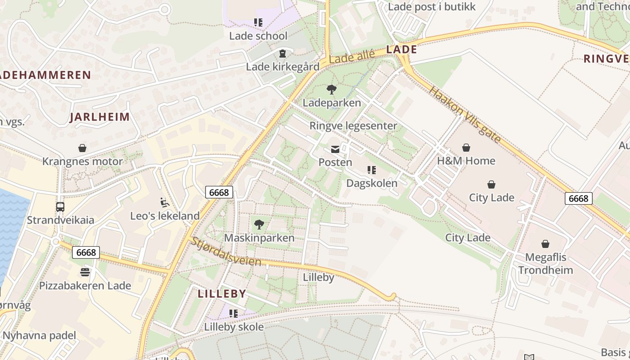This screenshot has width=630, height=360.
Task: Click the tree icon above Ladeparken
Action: coord(332,90)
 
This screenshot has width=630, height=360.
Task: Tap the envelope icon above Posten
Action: coord(335,149)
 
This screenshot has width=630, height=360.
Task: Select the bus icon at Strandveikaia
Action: coord(60,207)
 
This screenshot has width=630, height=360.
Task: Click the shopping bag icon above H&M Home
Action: coord(466,148)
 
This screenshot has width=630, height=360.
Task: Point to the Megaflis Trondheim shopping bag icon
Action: coord(545,244)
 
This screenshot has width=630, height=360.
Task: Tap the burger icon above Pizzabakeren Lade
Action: coord(85,272)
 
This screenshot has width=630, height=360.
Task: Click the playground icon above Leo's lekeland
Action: coord(165,202)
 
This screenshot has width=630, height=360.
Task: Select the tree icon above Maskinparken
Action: coord(259,224)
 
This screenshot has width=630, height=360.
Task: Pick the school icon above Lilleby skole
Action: coord(233,313)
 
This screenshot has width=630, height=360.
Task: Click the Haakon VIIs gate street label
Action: coord(464,115)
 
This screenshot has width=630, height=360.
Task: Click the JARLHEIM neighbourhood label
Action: coord(99,117)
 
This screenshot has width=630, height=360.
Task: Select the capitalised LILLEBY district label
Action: coord(222,294)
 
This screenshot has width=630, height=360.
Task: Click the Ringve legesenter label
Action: coord(353,126)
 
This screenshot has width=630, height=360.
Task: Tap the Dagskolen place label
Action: coord(372,183)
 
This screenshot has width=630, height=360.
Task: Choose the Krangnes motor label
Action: coord(82,162)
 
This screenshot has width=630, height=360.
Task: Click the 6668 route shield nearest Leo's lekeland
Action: coord(219,192)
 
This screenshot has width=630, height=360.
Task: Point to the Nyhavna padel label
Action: coord(39,335)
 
